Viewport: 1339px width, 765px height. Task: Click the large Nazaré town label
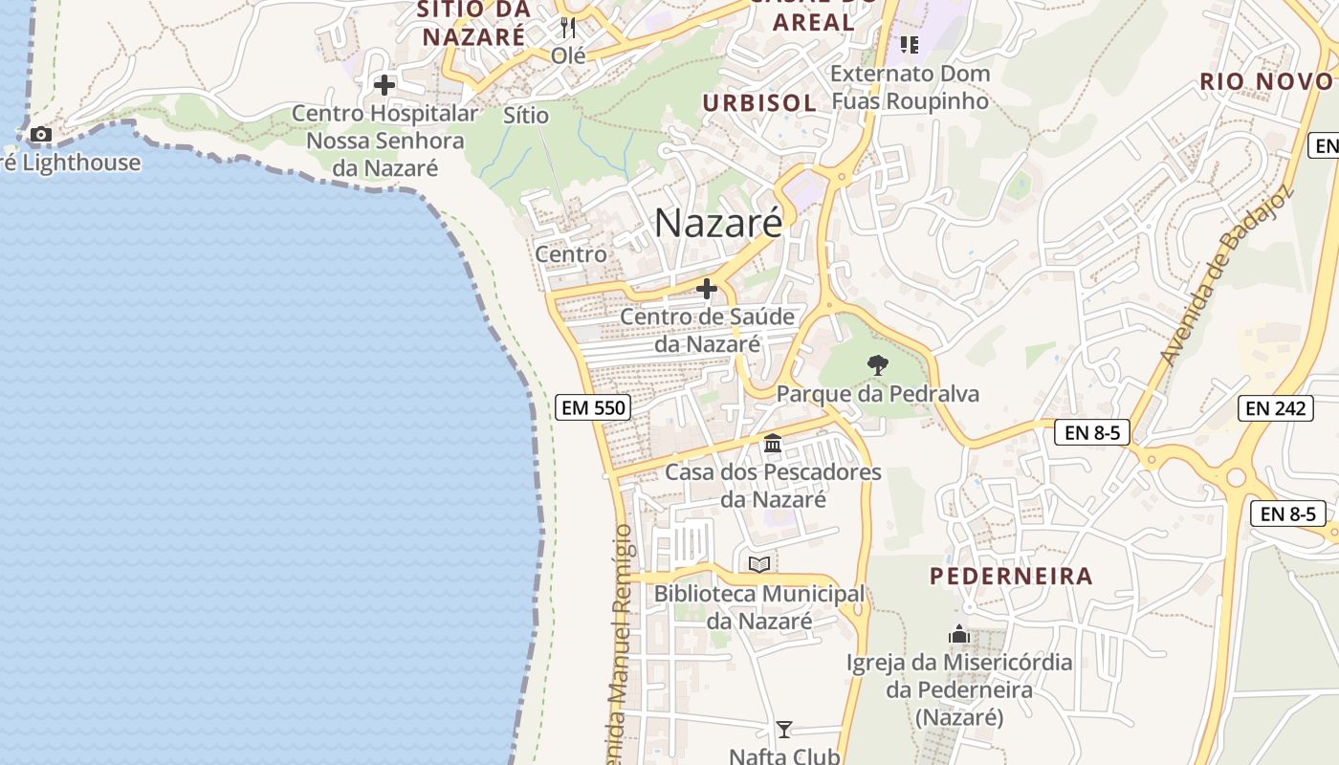coord(718,223)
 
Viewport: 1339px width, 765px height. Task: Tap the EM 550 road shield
coord(593,408)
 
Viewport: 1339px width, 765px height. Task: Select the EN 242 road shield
coord(1276,408)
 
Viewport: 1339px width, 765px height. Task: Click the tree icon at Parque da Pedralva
coord(876,364)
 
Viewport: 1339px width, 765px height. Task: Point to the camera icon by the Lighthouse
coord(40,135)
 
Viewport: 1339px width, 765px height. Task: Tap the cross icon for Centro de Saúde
coord(707,288)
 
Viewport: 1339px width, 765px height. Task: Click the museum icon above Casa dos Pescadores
coord(773,444)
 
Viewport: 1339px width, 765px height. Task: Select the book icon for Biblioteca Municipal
coord(759,565)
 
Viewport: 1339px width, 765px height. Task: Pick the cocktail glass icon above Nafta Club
coord(783,730)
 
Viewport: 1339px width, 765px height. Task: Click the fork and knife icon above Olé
coord(568,27)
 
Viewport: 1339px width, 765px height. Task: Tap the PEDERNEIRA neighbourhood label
coord(1011,577)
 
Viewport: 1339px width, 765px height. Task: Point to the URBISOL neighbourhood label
coord(759,103)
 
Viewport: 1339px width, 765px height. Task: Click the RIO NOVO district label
coord(1266,82)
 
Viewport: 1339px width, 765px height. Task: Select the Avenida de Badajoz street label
coord(1226,275)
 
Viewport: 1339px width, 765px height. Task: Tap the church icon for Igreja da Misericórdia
coord(958,634)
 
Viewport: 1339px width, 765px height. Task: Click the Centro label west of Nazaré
coord(570,254)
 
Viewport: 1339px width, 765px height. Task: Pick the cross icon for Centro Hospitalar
coord(384,85)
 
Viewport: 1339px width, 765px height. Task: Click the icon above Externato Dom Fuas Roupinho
coord(909,44)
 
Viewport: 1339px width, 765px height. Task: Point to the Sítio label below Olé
coord(526,116)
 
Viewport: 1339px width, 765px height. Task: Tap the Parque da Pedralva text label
coord(877,394)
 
